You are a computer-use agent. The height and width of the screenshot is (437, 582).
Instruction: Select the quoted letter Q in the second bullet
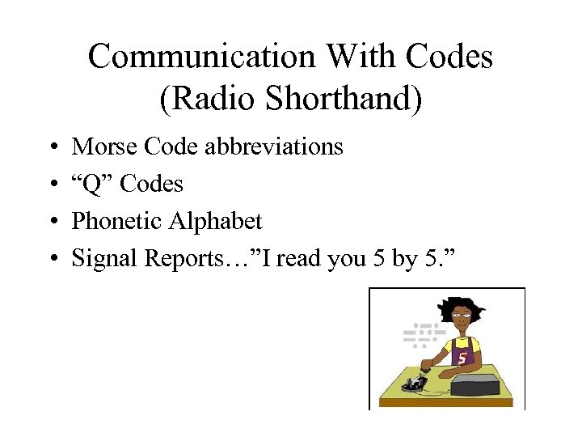(93, 184)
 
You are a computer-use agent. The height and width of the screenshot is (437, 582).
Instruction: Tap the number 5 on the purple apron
(462, 357)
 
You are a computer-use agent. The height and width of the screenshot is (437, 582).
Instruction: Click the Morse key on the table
(416, 382)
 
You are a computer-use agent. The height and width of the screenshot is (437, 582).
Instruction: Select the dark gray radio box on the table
(480, 386)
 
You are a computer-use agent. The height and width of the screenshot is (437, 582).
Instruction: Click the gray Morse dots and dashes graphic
(422, 333)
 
